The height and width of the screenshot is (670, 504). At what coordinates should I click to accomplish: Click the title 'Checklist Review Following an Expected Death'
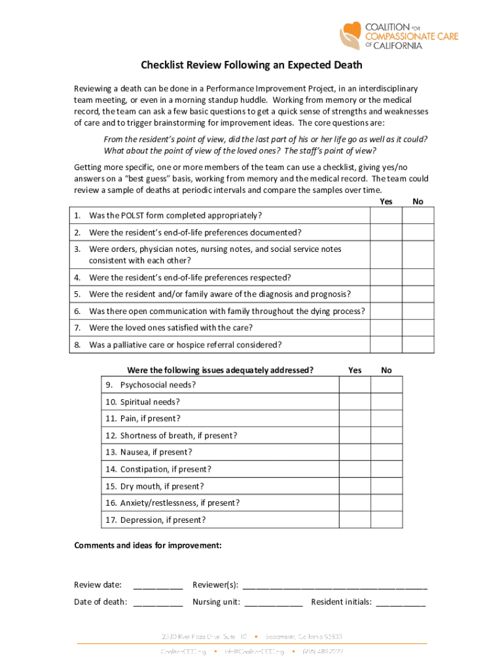pyautogui.click(x=252, y=65)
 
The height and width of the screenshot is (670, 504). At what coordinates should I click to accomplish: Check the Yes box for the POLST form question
pyautogui.click(x=386, y=216)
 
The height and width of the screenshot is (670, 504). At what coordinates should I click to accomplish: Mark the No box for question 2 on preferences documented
pyautogui.click(x=418, y=232)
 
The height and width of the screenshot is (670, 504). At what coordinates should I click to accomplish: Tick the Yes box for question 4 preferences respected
pyautogui.click(x=386, y=277)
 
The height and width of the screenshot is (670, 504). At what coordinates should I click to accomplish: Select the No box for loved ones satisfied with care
pyautogui.click(x=418, y=328)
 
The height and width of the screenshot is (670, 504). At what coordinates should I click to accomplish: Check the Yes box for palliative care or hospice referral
pyautogui.click(x=386, y=345)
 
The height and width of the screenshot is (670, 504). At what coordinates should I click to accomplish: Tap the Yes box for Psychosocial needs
pyautogui.click(x=355, y=385)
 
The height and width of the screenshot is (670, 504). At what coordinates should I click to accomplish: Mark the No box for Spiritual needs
pyautogui.click(x=387, y=402)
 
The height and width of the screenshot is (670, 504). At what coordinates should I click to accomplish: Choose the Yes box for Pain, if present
pyautogui.click(x=355, y=419)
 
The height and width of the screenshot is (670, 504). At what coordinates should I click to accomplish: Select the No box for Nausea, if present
pyautogui.click(x=387, y=452)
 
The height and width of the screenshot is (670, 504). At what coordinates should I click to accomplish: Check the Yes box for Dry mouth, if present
pyautogui.click(x=355, y=486)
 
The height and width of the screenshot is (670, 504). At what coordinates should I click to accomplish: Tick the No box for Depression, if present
pyautogui.click(x=387, y=520)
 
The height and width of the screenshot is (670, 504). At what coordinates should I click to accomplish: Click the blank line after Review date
pyautogui.click(x=158, y=586)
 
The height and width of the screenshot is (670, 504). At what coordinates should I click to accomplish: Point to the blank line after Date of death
pyautogui.click(x=158, y=603)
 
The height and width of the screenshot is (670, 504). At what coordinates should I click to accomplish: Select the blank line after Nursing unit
pyautogui.click(x=274, y=603)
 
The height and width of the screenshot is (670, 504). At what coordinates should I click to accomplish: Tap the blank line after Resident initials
pyautogui.click(x=401, y=603)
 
